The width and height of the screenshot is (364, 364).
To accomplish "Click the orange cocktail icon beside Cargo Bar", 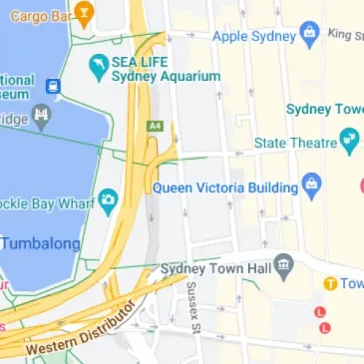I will click(x=85, y=14).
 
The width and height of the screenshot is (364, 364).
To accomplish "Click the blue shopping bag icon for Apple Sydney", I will click(x=310, y=33).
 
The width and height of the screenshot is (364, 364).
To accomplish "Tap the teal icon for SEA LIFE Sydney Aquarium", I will click(x=98, y=68).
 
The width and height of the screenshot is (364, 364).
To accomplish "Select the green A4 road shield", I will click(x=155, y=127).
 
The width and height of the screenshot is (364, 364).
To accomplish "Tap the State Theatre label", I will click(x=294, y=143).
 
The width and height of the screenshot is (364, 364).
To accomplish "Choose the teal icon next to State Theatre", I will click(x=348, y=142).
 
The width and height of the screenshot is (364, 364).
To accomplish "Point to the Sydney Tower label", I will click(x=324, y=108).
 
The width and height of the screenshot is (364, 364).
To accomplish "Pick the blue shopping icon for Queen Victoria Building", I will click(x=312, y=185).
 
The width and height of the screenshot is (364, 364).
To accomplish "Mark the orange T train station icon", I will click(x=328, y=283).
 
